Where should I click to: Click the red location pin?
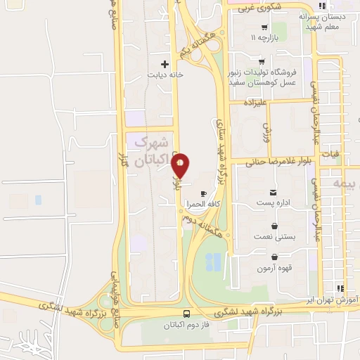tap(181, 165)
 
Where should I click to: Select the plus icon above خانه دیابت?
tap(165, 64)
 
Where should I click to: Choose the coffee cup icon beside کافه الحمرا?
tap(204, 193)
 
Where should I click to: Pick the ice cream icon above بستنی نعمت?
tap(274, 226)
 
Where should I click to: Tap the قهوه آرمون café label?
tap(274, 269)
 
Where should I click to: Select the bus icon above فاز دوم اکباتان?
tap(186, 314)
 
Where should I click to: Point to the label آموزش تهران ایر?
tap(335, 299)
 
